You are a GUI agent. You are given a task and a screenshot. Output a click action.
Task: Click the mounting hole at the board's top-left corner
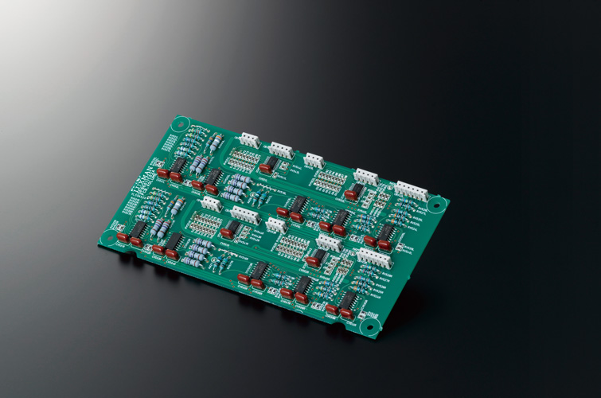point(179,124)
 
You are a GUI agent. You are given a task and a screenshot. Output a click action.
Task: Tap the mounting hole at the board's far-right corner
point(434,205)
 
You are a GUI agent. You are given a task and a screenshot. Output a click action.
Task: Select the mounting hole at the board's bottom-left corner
point(104,235)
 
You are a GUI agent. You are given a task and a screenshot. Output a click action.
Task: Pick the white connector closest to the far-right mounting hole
point(411,189)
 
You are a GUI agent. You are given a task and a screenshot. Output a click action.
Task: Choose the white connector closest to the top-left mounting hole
point(250,140)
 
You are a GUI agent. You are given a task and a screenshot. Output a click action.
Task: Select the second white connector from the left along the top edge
point(281,150)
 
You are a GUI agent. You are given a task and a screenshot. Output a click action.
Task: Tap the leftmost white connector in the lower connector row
point(211,205)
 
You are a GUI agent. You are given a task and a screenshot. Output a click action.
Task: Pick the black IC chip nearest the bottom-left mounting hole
point(138,232)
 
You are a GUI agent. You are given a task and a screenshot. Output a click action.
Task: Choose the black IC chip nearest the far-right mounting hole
point(387,232)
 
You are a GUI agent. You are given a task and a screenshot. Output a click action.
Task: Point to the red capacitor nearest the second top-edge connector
point(266,168)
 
